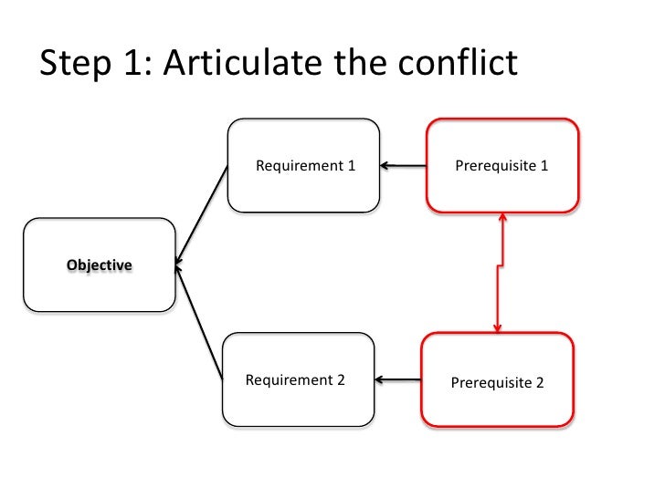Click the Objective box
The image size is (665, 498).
click(x=99, y=265)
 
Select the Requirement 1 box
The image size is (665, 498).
click(x=304, y=165)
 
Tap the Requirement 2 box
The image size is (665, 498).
click(x=298, y=379)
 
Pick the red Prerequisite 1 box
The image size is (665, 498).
click(x=502, y=166)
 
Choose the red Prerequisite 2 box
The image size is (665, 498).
click(x=497, y=381)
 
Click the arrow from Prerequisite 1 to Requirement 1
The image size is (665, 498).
click(x=403, y=166)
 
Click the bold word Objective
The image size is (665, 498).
click(x=99, y=265)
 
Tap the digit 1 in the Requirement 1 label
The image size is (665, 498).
click(x=350, y=166)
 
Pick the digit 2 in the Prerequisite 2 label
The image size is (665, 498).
click(x=540, y=383)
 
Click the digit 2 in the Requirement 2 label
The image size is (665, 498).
click(x=341, y=380)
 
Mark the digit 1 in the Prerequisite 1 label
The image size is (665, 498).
click(x=544, y=167)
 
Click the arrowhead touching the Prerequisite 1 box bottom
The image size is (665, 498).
click(x=502, y=219)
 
